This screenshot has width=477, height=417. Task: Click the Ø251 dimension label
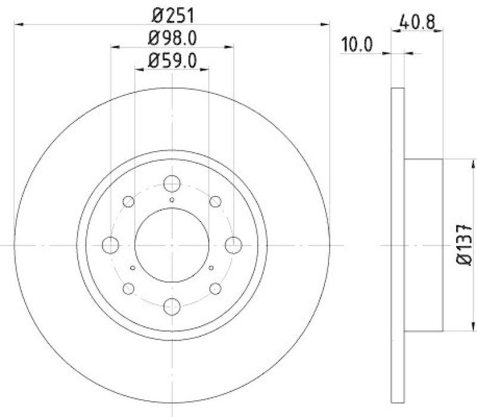pyautogui.click(x=172, y=12)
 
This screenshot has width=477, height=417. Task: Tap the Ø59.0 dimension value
pyautogui.click(x=172, y=61)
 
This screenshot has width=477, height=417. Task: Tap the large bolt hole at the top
pyautogui.click(x=172, y=184)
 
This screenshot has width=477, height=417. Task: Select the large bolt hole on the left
pyautogui.click(x=110, y=245)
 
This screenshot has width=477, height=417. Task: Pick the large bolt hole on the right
pyautogui.click(x=233, y=245)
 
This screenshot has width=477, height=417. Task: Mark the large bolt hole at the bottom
pyautogui.click(x=172, y=305)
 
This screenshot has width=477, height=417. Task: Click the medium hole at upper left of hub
pyautogui.click(x=128, y=201)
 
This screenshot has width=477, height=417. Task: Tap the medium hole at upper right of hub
pyautogui.click(x=215, y=201)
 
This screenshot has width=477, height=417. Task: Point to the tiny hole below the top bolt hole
pyautogui.click(x=172, y=200)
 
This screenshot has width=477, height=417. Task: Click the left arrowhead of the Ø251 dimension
pyautogui.click(x=17, y=24)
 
